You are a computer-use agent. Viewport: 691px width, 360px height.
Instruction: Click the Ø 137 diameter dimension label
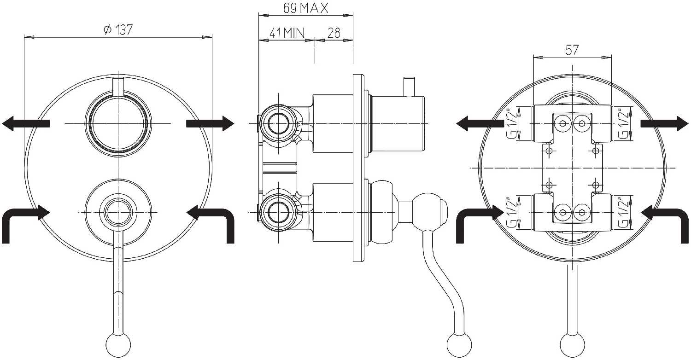tap(118, 29)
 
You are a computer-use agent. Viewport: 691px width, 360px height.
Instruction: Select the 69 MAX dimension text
tap(306, 8)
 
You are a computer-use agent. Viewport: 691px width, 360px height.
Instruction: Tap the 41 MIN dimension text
tap(287, 33)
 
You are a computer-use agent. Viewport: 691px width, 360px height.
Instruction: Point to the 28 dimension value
tap(334, 33)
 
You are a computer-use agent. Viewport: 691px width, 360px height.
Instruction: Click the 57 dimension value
tap(572, 50)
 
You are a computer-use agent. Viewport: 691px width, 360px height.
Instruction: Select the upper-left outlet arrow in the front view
tap(26, 123)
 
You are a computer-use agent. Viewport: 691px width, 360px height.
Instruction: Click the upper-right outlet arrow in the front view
tap(210, 123)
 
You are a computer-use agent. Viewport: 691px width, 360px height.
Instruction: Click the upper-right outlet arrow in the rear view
tap(665, 123)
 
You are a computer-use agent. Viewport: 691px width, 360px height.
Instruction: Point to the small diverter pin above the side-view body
tap(410, 87)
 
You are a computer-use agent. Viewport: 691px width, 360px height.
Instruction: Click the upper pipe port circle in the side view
tap(279, 123)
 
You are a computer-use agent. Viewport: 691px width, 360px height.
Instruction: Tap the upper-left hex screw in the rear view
tap(561, 123)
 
